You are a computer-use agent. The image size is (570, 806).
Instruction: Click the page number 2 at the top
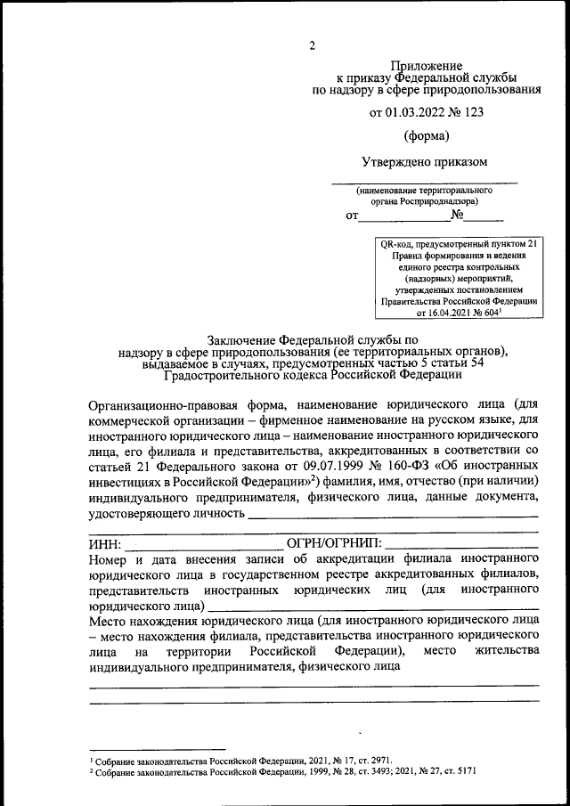(313, 45)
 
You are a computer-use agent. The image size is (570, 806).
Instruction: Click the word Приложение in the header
(427, 65)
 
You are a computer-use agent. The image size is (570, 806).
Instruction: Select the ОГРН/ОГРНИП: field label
(333, 543)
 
